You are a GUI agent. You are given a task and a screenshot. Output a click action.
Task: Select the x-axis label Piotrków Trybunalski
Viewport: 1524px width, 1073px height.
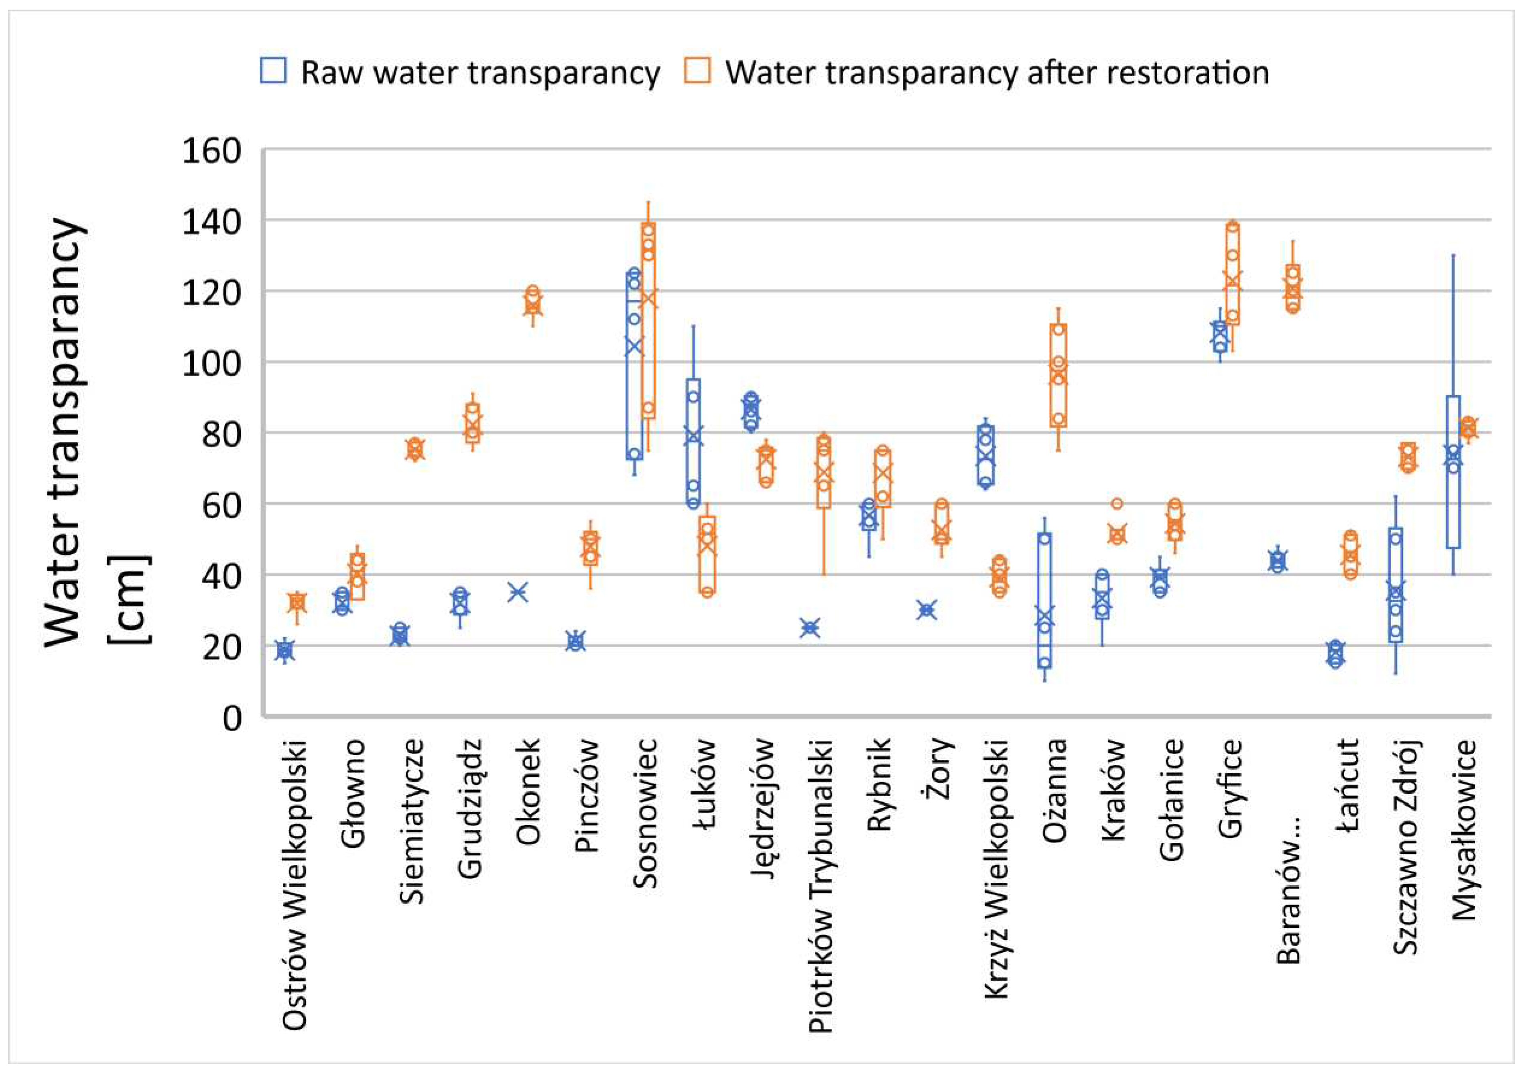(821, 886)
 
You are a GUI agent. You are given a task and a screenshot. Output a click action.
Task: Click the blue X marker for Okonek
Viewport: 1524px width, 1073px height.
(518, 592)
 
